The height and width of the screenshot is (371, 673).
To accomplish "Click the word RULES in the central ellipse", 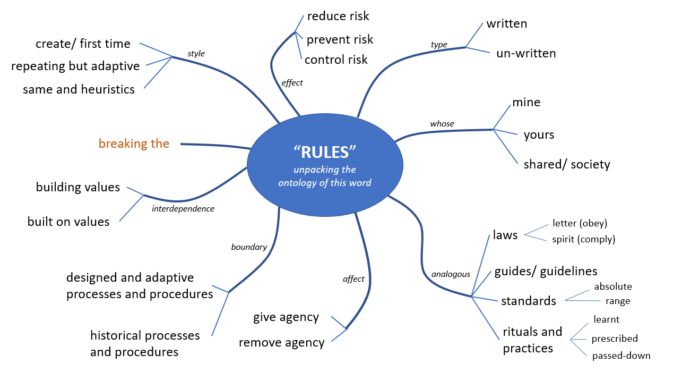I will point(324,152).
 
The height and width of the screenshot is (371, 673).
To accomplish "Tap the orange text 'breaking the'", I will point(134,144).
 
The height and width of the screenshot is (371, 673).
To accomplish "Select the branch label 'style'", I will point(196,54).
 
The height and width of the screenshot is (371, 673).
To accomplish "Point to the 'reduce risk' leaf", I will point(338,16).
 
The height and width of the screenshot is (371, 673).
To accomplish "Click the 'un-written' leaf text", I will point(526,53).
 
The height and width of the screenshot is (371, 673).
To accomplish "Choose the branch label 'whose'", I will point(442,124).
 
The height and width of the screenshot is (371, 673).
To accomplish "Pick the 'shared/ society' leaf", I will point(567,164).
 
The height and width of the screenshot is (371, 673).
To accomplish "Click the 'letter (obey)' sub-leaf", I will point(580,223).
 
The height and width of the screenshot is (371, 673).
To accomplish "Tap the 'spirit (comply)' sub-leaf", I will point(583,239).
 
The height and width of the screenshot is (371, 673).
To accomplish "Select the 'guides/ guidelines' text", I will point(546,271).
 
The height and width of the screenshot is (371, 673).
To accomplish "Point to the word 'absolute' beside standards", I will point(613,286).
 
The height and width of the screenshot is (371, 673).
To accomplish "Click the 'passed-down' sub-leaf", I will point(621,356).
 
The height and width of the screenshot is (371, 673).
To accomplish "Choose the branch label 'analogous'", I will point(451,274).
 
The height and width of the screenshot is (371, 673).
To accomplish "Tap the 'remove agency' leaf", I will point(281,342).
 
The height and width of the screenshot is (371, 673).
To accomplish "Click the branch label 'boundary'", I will point(249,247).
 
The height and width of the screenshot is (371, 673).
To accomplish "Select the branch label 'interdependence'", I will point(183,209).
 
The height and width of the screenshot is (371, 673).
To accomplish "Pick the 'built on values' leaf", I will point(68,222).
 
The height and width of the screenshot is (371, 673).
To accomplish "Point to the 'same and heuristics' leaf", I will point(79,89).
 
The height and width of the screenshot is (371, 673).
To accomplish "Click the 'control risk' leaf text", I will point(336,60).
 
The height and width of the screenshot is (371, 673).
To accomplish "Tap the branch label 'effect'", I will point(292,82).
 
